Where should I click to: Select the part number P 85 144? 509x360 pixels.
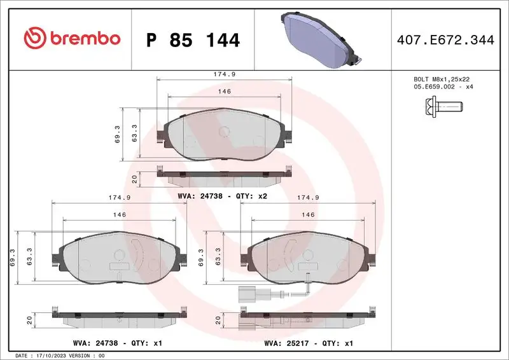[193, 40]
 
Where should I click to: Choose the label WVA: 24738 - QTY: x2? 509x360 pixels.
[222, 197]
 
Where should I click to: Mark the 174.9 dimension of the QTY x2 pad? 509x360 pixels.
[225, 74]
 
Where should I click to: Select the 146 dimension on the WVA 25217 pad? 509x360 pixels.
[308, 215]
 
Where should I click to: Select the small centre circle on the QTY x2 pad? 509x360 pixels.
[223, 132]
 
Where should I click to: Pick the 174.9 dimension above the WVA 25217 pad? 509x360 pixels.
[308, 198]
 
